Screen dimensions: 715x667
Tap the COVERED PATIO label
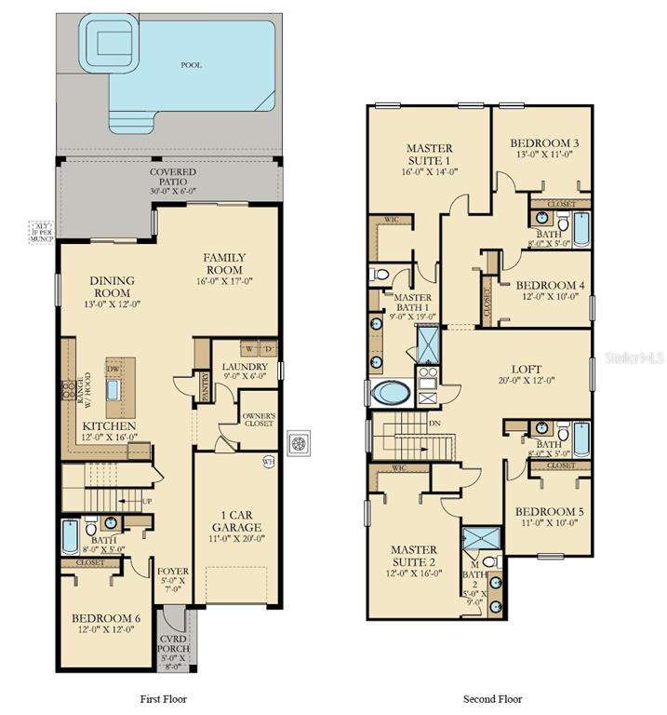173,172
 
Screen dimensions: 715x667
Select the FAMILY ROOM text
225,263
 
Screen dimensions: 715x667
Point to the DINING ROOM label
112,286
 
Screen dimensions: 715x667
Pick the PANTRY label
204,386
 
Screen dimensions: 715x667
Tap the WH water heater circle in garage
269,461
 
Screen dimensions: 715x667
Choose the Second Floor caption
493,698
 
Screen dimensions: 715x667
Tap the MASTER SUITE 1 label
430,154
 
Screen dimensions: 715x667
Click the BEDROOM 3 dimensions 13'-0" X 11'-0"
544,155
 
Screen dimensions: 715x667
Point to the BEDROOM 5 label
549,511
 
